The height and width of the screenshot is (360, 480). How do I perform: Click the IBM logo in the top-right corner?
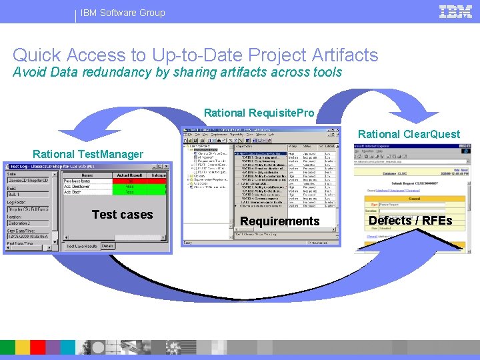pyautogui.click(x=456, y=11)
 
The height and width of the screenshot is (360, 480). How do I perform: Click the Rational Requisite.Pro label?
pyautogui.click(x=259, y=113)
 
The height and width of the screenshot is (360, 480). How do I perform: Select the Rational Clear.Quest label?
pyautogui.click(x=409, y=134)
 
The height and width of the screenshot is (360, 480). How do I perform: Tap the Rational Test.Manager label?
pyautogui.click(x=87, y=155)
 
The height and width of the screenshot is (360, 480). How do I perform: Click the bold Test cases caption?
pyautogui.click(x=122, y=215)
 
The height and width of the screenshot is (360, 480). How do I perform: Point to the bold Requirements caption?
pyautogui.click(x=279, y=221)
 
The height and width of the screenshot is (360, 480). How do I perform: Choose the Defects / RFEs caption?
pyautogui.click(x=410, y=221)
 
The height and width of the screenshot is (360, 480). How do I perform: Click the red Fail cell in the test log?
pyautogui.click(x=131, y=181)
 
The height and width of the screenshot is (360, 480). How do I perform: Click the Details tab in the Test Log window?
pyautogui.click(x=108, y=246)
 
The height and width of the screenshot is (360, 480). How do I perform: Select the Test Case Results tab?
pyautogui.click(x=82, y=246)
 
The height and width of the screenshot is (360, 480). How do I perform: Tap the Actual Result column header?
pyautogui.click(x=131, y=175)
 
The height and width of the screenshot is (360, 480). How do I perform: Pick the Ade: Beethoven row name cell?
pyautogui.click(x=77, y=187)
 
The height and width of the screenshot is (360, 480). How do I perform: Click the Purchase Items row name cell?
pyautogui.click(x=77, y=181)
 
